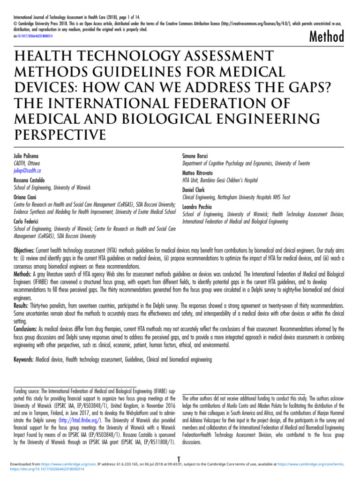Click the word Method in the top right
point(327,36)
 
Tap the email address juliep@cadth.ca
point(26,171)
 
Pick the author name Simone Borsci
point(195,155)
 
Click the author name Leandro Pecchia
point(197,207)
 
